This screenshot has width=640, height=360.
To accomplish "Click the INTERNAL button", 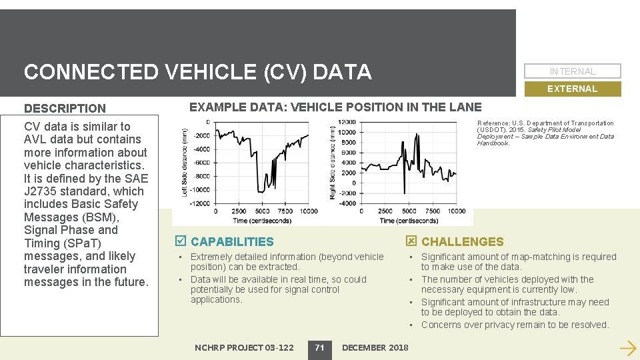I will point(573,71).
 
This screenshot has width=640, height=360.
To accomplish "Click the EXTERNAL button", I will point(573,89).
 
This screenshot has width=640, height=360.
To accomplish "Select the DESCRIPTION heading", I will point(65,108).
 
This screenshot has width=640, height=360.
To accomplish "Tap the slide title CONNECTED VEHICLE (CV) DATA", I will point(197,71).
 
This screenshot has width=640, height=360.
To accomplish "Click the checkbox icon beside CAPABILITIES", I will point(179,241).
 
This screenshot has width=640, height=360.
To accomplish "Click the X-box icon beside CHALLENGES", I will point(411,241).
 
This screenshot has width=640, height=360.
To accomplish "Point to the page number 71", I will point(319,347).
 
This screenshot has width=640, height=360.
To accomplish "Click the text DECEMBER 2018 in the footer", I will point(375,347).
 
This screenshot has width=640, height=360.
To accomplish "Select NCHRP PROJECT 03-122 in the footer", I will point(244,347).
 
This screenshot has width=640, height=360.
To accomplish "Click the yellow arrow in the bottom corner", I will point(627,347).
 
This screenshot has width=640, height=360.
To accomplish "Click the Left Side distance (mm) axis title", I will point(185,162).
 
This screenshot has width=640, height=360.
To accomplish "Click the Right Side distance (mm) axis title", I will point(333,162).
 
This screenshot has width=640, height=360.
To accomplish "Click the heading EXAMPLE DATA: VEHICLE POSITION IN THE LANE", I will point(335,107).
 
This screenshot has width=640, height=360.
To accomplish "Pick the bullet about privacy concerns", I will point(515,325).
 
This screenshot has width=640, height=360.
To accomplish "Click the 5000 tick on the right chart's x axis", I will point(408,211).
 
